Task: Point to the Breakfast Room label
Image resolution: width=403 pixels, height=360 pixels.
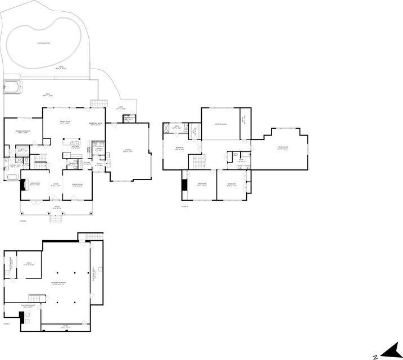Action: (96, 124)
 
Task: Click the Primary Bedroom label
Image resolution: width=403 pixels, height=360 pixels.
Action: (23, 132)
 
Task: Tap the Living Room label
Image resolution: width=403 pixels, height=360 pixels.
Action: (34, 183)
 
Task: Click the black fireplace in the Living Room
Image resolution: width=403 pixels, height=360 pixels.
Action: (22, 186)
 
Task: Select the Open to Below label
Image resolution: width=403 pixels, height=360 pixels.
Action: (220, 124)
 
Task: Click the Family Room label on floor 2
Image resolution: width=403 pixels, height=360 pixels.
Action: (283, 147)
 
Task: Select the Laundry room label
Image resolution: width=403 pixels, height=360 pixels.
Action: (98, 149)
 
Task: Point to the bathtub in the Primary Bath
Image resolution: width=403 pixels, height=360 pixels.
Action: (12, 176)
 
